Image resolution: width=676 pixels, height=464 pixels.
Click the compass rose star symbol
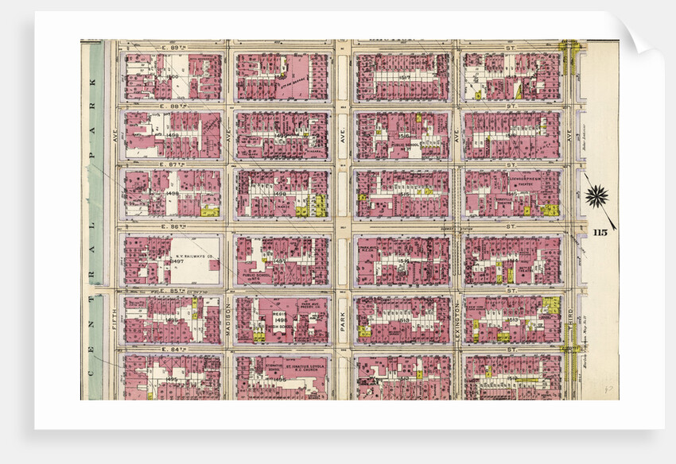tap(597, 195)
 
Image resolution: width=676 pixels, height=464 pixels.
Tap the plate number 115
tap(602, 231)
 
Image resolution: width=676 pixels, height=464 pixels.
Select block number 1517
tap(405, 76)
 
